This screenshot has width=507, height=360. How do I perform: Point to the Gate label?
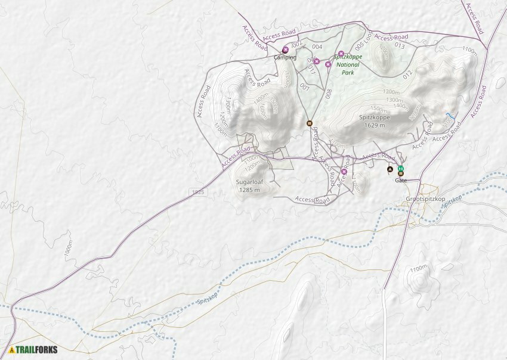point(401,180)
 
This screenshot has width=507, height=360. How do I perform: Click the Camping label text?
point(285,58)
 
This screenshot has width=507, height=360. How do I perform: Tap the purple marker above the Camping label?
point(285,49)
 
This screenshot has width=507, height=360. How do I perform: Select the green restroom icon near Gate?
point(401,168)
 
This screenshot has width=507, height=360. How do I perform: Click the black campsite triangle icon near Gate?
point(390,169)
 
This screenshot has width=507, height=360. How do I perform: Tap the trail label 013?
point(400,45)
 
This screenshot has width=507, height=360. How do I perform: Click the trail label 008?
point(329,94)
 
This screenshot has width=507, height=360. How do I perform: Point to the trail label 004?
point(317,46)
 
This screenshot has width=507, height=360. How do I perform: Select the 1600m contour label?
point(263,111)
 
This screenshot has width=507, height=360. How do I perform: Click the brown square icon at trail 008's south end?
point(309,123)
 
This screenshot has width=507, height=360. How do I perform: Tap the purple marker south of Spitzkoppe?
point(344,172)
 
